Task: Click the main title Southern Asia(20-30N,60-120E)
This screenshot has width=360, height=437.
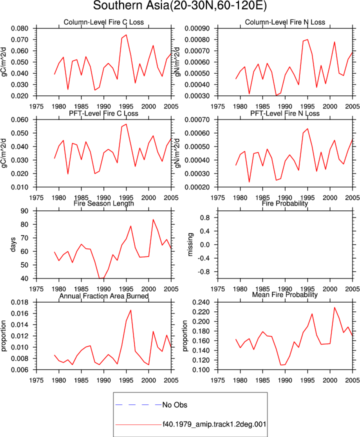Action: coord(179,5)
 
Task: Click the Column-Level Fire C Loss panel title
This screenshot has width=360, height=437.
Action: coord(103,22)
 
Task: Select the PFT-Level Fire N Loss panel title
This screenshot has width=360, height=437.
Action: coord(285,113)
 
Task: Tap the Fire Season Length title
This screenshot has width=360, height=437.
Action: coord(103,203)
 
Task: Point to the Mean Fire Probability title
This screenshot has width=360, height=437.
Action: coord(285,294)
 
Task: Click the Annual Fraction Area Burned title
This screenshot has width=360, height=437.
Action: coord(103,296)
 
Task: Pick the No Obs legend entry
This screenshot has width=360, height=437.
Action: coord(174,405)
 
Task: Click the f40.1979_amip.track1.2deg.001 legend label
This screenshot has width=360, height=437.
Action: coord(214,424)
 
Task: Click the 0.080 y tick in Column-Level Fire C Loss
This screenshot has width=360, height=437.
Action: coord(19,28)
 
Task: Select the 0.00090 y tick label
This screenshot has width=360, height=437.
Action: coord(197,28)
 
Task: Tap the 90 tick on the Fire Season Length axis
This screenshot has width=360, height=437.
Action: coord(24,211)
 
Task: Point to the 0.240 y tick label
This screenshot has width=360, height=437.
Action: coord(201,302)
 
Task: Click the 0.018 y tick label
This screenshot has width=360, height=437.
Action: coord(19,302)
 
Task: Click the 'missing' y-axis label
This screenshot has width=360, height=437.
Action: coord(190,244)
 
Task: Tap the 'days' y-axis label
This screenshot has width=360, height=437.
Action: coord(13,244)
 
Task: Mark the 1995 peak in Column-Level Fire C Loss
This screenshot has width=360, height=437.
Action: coord(126,35)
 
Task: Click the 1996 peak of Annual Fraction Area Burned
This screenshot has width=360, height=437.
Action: coord(130,310)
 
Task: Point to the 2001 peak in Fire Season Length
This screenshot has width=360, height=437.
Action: coord(153,219)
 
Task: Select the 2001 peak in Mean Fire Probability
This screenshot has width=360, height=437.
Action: coord(334,307)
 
